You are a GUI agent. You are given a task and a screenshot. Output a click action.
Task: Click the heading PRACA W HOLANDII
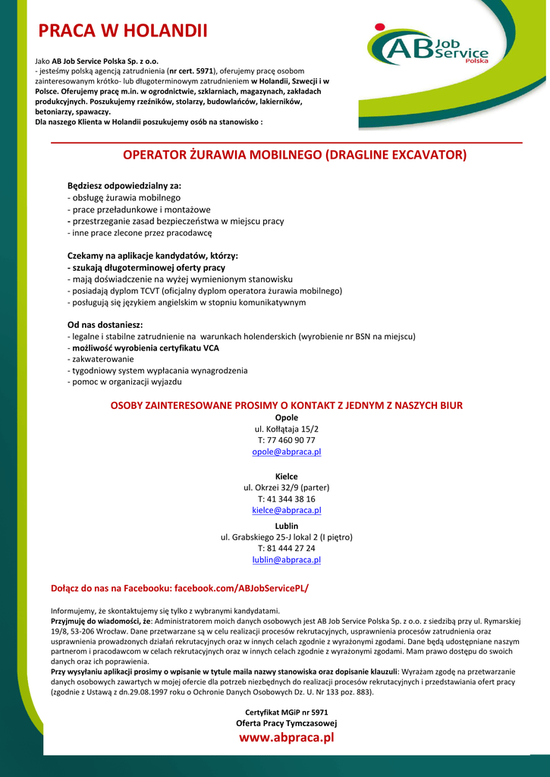point(123,31)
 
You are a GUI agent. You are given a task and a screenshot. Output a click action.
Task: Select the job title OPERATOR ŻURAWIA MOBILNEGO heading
point(294,156)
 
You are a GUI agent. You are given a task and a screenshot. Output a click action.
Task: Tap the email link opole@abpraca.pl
point(287,452)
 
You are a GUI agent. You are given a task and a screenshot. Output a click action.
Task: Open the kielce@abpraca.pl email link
point(287,511)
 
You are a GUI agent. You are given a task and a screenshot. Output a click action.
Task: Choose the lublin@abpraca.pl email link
point(287,560)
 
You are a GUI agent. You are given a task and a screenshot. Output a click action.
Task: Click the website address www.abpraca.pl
point(287,738)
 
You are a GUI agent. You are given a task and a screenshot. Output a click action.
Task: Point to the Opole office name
point(287,417)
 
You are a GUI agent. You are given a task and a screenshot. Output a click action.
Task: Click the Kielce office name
point(287,476)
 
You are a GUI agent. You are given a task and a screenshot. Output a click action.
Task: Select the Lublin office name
point(287,526)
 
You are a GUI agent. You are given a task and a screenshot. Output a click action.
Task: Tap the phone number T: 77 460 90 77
point(287,440)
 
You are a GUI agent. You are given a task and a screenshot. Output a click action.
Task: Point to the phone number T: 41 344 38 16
point(287,499)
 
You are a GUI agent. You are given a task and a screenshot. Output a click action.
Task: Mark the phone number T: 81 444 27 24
point(287,549)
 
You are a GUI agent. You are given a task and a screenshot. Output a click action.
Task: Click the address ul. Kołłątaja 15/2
point(287,429)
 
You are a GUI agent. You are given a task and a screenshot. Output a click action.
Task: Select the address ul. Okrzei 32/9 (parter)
point(287,487)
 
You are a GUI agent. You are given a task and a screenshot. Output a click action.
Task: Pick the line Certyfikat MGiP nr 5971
point(287,712)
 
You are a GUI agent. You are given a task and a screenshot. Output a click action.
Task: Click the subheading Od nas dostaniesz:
point(105,325)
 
